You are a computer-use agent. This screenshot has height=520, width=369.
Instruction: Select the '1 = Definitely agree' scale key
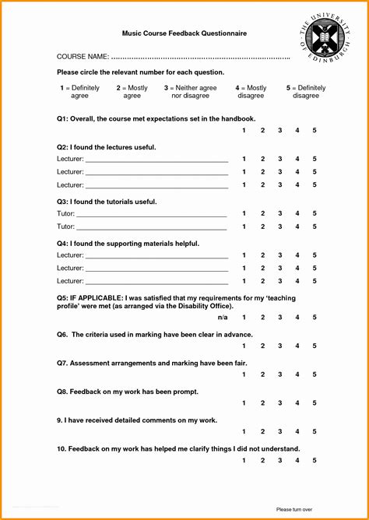[79, 92]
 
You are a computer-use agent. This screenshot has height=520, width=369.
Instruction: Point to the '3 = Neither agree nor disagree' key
[190, 92]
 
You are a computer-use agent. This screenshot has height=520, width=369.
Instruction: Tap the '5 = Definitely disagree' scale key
[306, 92]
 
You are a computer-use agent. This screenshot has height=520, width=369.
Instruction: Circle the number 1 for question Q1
[244, 130]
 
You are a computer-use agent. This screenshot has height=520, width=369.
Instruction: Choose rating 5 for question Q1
[315, 130]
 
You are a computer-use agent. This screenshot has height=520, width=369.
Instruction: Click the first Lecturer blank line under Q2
[156, 160]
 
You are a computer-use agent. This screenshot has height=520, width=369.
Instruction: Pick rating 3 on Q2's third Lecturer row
[279, 185]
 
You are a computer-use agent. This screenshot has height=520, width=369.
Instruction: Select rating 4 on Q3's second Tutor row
[297, 227]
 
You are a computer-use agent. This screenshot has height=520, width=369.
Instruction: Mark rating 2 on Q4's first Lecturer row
[262, 255]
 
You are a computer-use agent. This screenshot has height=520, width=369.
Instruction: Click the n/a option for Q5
[223, 318]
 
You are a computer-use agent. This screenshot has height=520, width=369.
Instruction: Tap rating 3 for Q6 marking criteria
[279, 346]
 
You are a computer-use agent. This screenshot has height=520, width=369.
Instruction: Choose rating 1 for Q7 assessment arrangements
[244, 374]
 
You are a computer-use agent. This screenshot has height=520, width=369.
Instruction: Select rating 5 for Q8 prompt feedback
[315, 403]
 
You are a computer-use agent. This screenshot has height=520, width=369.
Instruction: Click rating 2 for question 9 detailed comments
[262, 432]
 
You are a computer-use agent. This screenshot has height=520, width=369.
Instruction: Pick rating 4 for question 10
[297, 461]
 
